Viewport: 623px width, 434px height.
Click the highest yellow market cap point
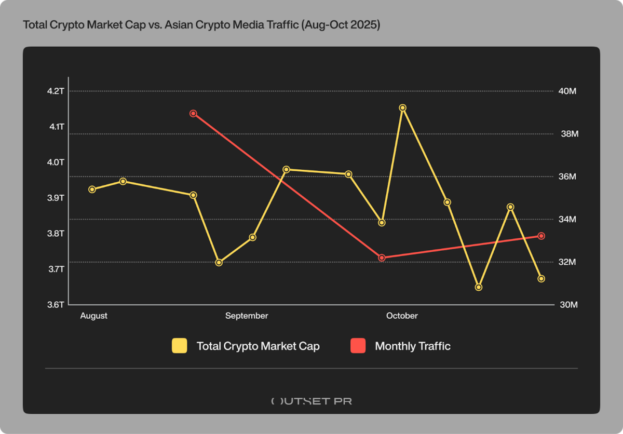point(402,108)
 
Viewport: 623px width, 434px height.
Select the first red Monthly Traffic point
point(193,113)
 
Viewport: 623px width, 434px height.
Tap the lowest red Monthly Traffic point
point(382,257)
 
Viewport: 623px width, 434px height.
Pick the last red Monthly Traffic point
point(541,236)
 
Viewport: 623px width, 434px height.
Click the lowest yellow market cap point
point(479,287)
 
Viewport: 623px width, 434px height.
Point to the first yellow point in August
point(92,189)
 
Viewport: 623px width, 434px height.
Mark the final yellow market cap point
point(541,279)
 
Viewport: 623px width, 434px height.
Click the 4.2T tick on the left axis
point(56,91)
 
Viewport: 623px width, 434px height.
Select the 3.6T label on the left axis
point(56,305)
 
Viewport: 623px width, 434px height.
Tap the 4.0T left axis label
point(56,162)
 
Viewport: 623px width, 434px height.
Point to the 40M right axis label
point(567,91)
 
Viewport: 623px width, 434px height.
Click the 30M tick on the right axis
point(567,305)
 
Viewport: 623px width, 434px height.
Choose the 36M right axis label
point(567,177)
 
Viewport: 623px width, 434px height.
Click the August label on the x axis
point(94,316)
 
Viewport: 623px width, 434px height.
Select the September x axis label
point(247,316)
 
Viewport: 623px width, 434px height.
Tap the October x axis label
point(402,316)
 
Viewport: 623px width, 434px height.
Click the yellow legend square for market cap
point(180,346)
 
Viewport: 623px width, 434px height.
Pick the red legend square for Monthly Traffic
point(358,346)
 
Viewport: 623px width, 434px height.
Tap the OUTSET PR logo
point(311,401)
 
